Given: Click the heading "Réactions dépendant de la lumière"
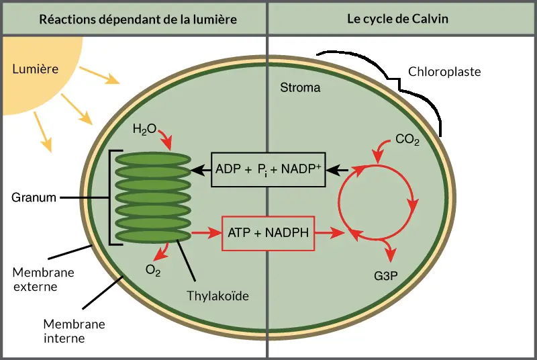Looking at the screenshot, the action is [138, 19].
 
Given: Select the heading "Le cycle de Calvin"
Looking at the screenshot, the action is [397, 19].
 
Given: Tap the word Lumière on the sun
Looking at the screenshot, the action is [36, 69].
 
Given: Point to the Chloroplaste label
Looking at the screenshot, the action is [444, 72].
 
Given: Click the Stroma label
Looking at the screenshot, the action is [300, 88].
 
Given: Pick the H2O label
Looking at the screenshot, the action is [144, 130].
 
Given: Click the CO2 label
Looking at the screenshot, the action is [407, 140].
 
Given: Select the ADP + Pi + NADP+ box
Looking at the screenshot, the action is [268, 169].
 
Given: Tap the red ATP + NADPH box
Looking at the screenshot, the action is [268, 234].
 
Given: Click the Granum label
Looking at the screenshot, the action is [34, 197].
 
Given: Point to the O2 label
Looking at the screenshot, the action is [153, 271].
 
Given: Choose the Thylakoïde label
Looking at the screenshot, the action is [217, 296].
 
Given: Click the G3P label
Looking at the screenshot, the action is [385, 276].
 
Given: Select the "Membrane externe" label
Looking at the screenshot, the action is [43, 279].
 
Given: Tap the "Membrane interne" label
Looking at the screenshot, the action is [74, 331].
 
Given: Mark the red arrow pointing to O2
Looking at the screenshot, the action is [162, 252].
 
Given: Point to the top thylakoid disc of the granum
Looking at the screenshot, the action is [153, 159].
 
